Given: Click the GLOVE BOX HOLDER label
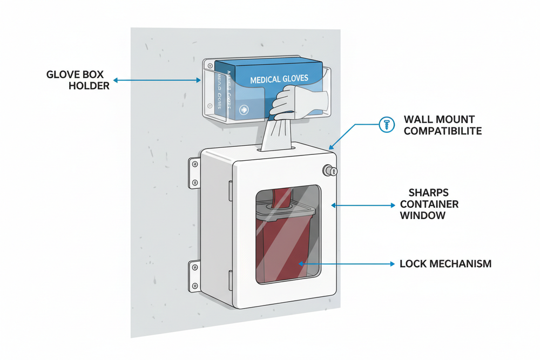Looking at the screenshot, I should point(78,79).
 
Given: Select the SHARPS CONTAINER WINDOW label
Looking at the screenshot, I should point(429,205).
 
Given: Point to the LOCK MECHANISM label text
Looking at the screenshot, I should point(446,264).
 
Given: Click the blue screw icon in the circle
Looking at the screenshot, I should point(386,123).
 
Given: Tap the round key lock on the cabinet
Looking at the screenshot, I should point(329,171).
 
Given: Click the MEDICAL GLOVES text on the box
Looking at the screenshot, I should point(279,79).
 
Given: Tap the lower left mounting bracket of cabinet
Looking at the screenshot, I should point(194,273).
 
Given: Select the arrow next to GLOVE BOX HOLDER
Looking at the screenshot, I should point(157,80).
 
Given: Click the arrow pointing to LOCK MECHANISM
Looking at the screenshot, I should point(346,264).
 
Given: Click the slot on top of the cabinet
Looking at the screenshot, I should point(278,146).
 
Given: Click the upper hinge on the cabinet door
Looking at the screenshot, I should point(231,189).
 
